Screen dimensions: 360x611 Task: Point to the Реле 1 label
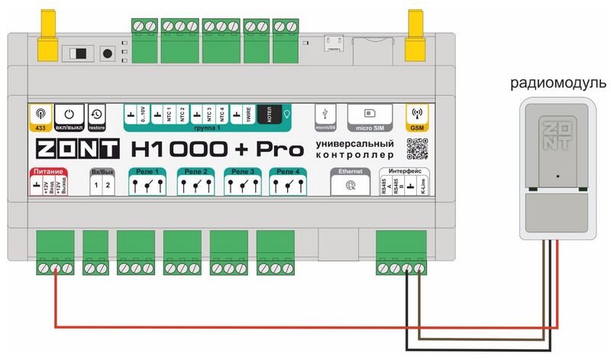[146, 171]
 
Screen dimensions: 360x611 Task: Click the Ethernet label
[350, 171]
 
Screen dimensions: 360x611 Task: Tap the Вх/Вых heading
[101, 171]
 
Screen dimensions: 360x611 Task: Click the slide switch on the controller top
[79, 55]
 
